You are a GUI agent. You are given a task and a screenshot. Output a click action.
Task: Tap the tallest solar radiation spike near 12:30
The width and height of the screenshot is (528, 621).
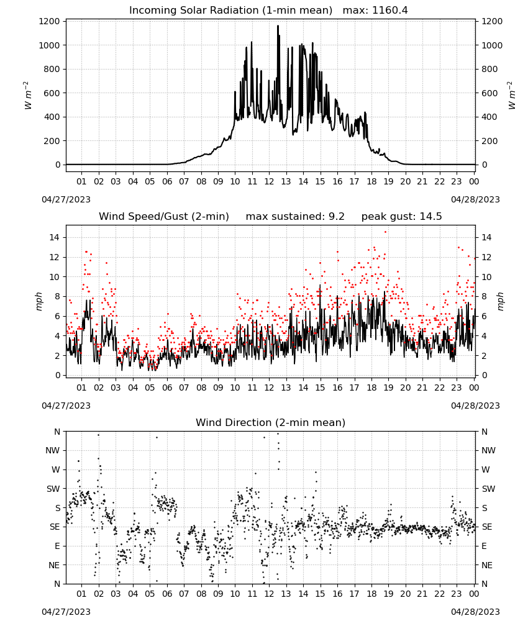278,26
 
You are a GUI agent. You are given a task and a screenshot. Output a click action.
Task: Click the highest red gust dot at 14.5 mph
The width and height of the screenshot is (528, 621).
385,232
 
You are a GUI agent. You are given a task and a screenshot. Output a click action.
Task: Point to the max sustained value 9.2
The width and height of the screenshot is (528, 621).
336,216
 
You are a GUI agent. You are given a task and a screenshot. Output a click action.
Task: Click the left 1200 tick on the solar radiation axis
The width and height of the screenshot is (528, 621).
49,21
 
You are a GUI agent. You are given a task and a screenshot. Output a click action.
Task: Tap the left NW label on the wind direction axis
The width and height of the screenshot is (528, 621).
53,450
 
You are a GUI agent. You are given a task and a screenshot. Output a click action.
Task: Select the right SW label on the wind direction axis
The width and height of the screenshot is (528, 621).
488,489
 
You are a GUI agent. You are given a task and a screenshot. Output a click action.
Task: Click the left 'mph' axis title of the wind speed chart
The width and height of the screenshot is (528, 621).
39,301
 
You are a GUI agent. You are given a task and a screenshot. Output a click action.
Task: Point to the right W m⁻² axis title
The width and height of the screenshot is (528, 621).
511,96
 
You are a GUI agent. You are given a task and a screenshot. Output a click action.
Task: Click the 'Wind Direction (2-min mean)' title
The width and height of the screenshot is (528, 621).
271,422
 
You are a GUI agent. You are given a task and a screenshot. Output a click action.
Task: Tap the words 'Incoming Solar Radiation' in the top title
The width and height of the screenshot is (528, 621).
194,10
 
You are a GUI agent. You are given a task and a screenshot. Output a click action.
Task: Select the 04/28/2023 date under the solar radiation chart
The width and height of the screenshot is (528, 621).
475,199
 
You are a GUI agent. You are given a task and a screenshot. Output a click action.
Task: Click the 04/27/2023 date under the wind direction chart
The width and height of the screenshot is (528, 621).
66,612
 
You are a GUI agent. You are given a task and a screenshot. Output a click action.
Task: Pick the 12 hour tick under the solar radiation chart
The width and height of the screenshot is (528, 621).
269,181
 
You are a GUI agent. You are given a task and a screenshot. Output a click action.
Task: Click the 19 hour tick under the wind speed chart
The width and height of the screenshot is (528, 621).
389,388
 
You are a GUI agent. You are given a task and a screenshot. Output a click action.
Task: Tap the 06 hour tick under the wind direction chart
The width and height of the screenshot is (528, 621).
167,594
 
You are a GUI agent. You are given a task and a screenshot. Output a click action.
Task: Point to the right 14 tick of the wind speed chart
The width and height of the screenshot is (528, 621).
486,237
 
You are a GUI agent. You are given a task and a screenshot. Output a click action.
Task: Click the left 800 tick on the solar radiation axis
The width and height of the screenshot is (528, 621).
52,69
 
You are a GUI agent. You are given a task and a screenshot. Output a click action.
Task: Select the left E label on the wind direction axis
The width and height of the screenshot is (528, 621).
57,546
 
